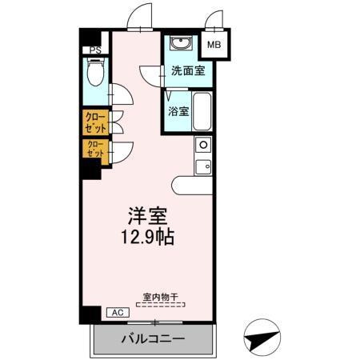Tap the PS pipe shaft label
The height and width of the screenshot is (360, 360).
[x=95, y=51]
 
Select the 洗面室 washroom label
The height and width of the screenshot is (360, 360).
[x=187, y=71]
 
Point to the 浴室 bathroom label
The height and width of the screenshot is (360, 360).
[x=178, y=112]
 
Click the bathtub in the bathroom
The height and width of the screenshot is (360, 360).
[x=202, y=112]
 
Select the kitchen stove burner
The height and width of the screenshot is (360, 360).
[x=203, y=145]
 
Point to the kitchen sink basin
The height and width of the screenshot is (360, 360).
[x=203, y=167]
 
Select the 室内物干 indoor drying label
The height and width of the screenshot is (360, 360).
[x=163, y=295]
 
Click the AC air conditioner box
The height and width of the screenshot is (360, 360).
[x=115, y=313]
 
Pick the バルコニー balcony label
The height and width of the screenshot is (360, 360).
[x=153, y=339]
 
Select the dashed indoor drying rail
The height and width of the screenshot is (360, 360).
[x=163, y=304]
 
